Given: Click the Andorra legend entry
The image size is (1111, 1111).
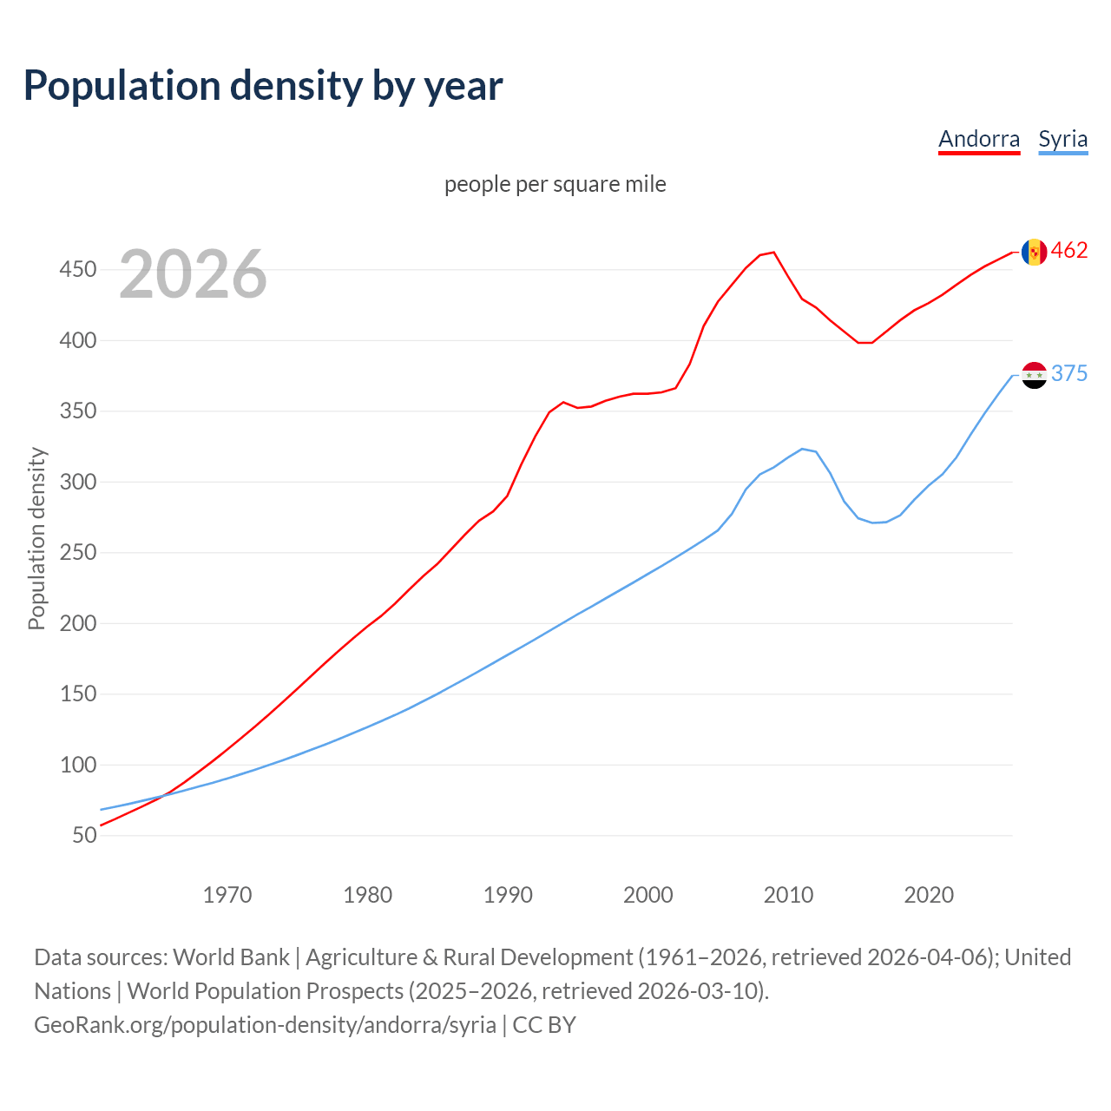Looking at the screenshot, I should coord(979,139).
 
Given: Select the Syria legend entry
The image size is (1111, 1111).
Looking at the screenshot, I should coord(1062,139).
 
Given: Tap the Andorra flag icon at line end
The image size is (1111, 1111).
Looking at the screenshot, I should coord(1034,252).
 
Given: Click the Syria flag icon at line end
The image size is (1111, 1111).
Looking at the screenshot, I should coord(1034,375).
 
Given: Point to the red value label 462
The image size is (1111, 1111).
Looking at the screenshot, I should coord(1069,251).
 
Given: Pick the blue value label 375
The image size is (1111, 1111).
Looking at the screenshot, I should coord(1069,374).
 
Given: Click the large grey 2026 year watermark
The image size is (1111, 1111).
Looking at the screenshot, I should coord(193,274).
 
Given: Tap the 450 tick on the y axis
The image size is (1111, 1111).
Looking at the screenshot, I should coord(77,270).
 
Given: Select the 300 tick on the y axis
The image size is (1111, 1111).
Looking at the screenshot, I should coord(77,482).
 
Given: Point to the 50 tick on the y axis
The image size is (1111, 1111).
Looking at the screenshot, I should coord(84,836).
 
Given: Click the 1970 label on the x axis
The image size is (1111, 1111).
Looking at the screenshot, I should coord(227,895).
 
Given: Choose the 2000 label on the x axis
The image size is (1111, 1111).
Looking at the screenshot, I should coord(648,895).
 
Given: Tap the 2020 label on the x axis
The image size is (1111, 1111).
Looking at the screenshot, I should coord(929,895).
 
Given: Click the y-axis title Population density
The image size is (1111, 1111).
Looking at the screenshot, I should coord(36,538).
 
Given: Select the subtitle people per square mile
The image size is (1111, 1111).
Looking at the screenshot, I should coord(555,184).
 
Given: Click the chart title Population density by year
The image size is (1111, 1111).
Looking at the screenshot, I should coord(263,85).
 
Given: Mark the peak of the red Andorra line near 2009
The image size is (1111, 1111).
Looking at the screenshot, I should coord(773,253).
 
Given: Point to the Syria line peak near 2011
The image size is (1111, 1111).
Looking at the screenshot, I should coord(802,449).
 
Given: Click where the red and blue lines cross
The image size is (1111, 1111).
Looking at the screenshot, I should coord(162,795).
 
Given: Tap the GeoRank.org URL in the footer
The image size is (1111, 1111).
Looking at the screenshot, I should coord(265,1025).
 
